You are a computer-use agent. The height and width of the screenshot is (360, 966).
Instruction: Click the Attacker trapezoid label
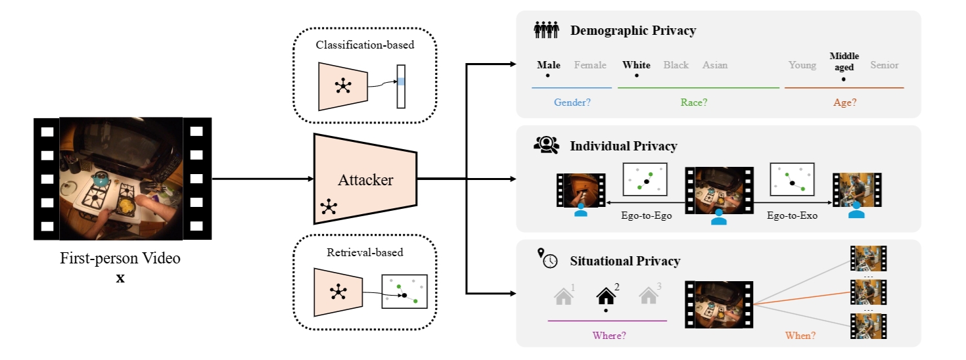click(365, 179)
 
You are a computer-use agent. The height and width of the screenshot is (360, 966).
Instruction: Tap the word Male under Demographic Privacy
click(549, 65)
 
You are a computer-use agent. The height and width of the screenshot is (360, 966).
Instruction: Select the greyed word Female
click(590, 65)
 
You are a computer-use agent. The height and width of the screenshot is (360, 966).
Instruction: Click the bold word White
click(636, 65)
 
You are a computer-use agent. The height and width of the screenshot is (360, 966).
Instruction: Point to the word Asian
click(715, 65)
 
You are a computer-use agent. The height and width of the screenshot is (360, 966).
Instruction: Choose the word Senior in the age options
click(884, 65)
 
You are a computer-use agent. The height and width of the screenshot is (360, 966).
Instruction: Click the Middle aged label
click(844, 62)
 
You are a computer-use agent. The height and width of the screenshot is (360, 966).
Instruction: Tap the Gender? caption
click(571, 102)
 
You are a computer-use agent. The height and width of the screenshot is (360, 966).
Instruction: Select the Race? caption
click(693, 102)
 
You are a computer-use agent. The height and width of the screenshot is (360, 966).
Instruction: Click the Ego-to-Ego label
click(646, 215)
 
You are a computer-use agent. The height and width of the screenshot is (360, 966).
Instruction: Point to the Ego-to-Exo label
click(792, 215)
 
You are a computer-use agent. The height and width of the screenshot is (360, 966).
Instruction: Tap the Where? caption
click(609, 335)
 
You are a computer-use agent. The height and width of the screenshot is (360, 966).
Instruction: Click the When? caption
click(800, 335)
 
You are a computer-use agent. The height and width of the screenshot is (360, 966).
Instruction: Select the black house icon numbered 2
click(605, 297)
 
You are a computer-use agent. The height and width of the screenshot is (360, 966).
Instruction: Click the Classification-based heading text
click(365, 45)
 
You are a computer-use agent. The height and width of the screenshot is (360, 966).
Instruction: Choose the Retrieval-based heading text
click(365, 252)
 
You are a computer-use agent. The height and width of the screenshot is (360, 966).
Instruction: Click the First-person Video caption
click(120, 258)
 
